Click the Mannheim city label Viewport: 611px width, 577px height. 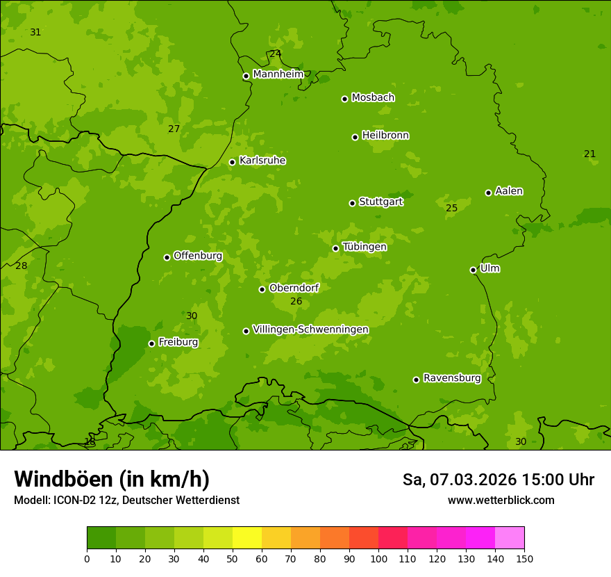point(278,74)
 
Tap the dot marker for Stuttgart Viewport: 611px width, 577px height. point(352,203)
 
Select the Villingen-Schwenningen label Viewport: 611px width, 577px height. point(310,330)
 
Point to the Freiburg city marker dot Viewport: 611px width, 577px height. point(151,343)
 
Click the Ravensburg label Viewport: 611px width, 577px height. point(452,378)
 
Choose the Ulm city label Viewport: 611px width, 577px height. point(489,268)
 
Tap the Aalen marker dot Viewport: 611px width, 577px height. point(488,193)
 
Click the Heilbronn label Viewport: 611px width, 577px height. point(385,136)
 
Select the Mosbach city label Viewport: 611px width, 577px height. point(373,98)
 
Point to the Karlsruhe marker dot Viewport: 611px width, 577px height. point(232,162)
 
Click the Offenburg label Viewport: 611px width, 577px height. point(198,256)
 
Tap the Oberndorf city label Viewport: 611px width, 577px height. point(294,288)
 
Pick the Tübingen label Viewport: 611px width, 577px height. point(365,247)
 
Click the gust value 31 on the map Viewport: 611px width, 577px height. point(35,33)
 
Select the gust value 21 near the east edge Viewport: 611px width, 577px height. point(589,154)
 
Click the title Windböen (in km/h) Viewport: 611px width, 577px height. point(112,479)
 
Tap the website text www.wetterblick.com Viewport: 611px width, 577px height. point(501,501)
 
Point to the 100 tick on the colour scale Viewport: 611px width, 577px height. point(378,558)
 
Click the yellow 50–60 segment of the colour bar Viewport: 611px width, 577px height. point(247,538)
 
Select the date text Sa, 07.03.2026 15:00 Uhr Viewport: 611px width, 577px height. point(498,480)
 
